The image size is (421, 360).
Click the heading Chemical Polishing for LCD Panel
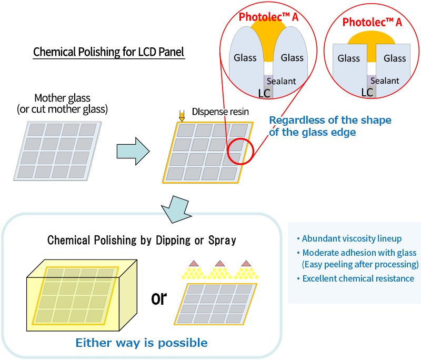pyautogui.click(x=108, y=53)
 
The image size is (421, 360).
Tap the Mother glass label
pyautogui.click(x=62, y=98)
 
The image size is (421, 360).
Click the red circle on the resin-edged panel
pyautogui.click(x=241, y=151)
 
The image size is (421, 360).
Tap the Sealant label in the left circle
pyautogui.click(x=281, y=81)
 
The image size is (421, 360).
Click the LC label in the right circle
pyautogui.click(x=367, y=92)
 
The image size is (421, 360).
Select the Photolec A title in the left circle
pyautogui.click(x=268, y=17)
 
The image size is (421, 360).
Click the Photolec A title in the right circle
pyautogui.click(x=372, y=22)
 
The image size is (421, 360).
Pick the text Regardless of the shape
pyautogui.click(x=330, y=121)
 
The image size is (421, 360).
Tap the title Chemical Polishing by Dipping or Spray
pyautogui.click(x=142, y=241)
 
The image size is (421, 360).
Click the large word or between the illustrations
pyautogui.click(x=158, y=298)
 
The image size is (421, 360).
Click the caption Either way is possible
pyautogui.click(x=142, y=343)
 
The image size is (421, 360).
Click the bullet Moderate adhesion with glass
pyautogui.click(x=357, y=252)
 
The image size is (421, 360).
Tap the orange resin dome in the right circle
pyautogui.click(x=372, y=38)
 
